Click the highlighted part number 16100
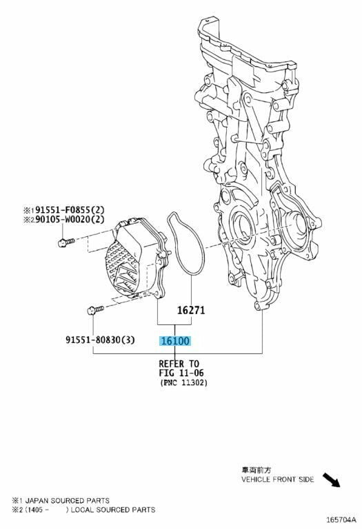[175, 341]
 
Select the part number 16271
[191, 310]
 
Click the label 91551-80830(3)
[100, 340]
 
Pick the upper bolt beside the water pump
[66, 242]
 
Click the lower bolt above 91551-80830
[96, 310]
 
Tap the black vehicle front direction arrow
[331, 479]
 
